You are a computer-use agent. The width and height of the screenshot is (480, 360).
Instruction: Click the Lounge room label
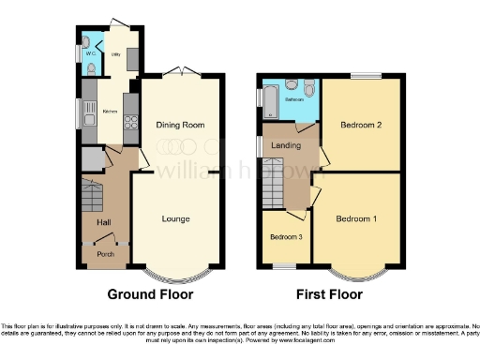[x=175, y=219]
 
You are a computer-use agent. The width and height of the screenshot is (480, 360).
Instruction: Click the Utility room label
[x=117, y=55]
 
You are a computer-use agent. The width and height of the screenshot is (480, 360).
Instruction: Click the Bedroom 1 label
[x=356, y=219]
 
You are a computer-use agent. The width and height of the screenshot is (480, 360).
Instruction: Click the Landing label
[x=286, y=145]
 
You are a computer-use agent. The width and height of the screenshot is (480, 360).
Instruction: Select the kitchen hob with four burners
[x=131, y=119]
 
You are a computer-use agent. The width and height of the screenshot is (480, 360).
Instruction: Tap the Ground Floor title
[x=150, y=294]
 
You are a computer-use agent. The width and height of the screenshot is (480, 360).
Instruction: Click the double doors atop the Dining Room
[x=175, y=72]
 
